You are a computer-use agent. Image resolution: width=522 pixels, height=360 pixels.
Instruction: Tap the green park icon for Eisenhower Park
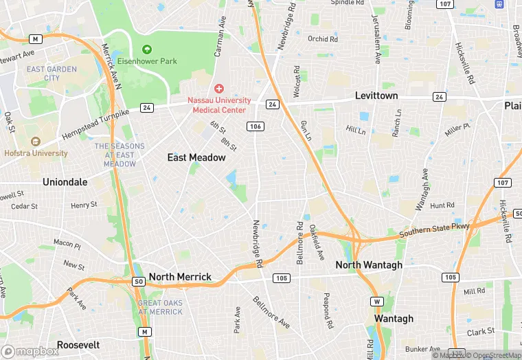(146, 49)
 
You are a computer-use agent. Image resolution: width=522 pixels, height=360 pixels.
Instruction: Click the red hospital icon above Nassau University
(218, 89)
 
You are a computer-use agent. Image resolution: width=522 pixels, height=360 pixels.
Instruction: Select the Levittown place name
(376, 95)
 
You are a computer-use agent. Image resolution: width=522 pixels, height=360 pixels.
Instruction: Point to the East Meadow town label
(196, 157)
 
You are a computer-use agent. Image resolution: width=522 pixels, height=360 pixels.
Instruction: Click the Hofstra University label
(35, 153)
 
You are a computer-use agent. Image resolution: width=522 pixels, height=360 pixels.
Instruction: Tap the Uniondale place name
(65, 182)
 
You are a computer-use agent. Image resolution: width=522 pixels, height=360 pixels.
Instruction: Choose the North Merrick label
(180, 277)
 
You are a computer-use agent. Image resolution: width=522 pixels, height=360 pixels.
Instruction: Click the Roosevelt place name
(78, 345)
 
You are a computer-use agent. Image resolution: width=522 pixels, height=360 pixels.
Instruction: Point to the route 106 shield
(255, 126)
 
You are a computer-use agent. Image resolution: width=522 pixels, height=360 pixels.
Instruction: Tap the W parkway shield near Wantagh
(376, 302)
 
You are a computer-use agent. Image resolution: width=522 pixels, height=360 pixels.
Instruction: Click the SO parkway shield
(138, 281)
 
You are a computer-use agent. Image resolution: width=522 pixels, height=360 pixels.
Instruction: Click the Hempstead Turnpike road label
(95, 124)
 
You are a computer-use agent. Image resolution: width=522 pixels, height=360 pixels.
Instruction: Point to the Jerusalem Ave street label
(376, 40)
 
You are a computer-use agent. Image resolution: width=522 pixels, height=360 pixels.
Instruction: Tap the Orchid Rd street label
(323, 39)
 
